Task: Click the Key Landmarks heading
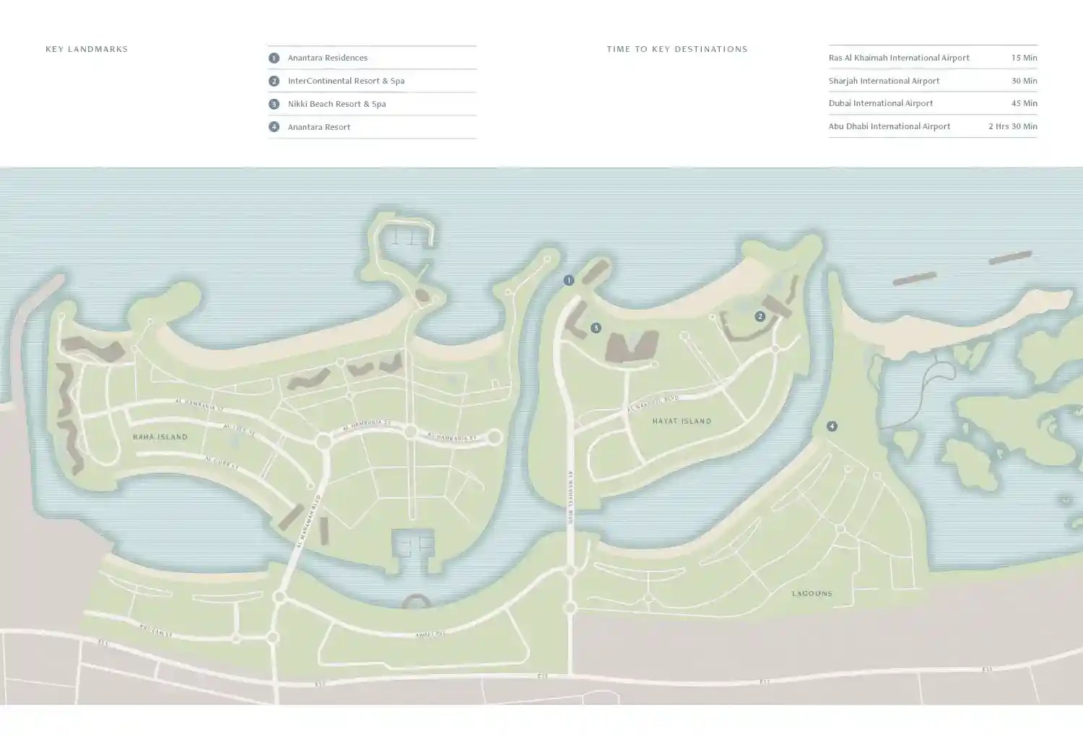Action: [87, 49]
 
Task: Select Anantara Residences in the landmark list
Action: [327, 58]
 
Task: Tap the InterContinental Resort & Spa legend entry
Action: [346, 81]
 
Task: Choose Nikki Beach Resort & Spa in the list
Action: [336, 104]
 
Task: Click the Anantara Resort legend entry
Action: [318, 127]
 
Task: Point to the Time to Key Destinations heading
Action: [677, 49]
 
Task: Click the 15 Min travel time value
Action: [1024, 58]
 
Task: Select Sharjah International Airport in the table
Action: [884, 81]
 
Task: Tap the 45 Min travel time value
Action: [1024, 103]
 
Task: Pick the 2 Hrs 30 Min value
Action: [1012, 126]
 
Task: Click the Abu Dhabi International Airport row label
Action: [889, 126]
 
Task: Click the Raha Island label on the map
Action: [160, 437]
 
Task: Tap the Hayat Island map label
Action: [682, 421]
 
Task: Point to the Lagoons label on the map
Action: [812, 593]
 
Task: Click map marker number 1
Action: [569, 280]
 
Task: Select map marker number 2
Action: [760, 316]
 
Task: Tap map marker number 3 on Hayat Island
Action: [596, 328]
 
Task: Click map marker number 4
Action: [832, 426]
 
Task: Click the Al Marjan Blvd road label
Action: [309, 520]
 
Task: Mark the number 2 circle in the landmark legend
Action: [274, 81]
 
